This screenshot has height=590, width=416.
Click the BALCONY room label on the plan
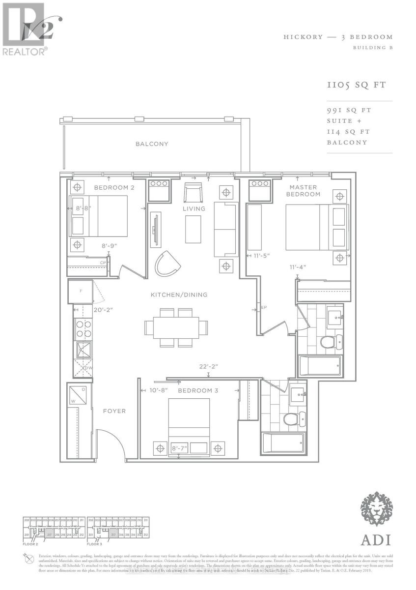pyautogui.click(x=152, y=144)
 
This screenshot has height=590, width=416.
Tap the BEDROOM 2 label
pyautogui.click(x=114, y=188)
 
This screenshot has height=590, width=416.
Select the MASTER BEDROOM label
pyautogui.click(x=303, y=191)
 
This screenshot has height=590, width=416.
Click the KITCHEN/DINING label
pyautogui.click(x=179, y=295)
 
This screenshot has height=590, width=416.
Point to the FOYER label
pyautogui.click(x=114, y=411)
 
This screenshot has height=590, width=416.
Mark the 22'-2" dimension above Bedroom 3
pyautogui.click(x=208, y=366)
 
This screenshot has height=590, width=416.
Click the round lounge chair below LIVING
pyautogui.click(x=167, y=264)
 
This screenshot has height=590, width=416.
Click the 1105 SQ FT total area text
pyautogui.click(x=357, y=85)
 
